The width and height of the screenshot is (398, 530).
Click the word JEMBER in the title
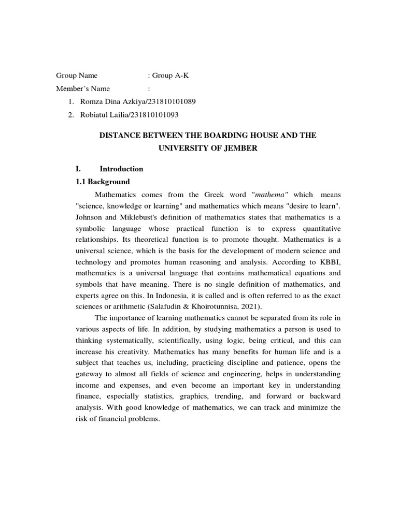point(239,148)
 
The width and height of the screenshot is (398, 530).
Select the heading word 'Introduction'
point(121,169)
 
